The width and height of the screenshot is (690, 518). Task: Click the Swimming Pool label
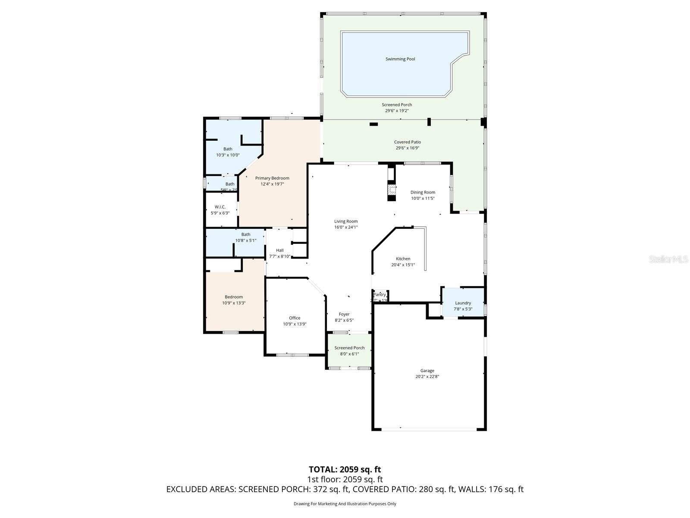400,59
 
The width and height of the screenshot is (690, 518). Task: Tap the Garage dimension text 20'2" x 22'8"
427,376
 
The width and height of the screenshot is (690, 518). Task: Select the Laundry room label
463,303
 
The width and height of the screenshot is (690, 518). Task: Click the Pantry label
379,295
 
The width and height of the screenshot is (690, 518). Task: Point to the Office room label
295,318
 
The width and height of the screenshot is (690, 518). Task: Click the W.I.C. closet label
220,207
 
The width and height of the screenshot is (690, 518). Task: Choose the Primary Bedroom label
272,178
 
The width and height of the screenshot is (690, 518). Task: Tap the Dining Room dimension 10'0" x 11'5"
423,199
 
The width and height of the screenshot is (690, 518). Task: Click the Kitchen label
403,259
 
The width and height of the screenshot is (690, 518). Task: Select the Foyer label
344,314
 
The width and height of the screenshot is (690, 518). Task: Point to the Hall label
280,250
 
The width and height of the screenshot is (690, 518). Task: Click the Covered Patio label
408,142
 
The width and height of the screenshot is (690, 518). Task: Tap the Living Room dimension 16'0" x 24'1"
346,227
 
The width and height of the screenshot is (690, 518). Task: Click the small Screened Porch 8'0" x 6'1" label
349,348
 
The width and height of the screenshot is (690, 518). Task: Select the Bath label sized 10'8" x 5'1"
246,234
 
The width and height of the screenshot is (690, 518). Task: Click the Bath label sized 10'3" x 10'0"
228,149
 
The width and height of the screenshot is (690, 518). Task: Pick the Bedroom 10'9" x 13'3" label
234,297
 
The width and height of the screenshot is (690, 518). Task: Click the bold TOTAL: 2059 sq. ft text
345,469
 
